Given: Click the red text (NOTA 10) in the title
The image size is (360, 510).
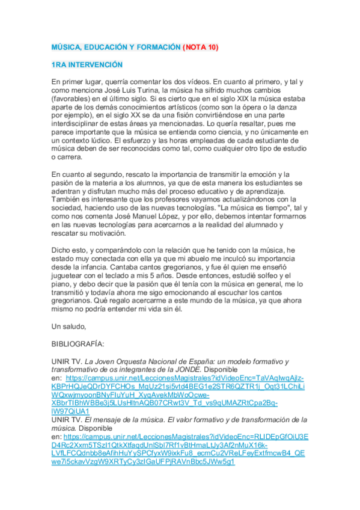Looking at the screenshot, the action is point(201,47).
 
